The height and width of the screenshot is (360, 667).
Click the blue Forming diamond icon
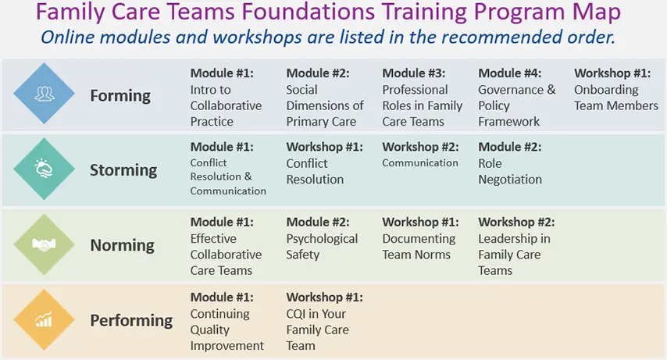(x=45, y=94)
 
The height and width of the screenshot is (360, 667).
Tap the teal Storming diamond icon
(x=45, y=169)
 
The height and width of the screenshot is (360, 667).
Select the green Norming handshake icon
(x=45, y=244)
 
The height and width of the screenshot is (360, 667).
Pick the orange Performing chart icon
(x=45, y=319)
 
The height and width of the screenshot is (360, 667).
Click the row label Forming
(x=120, y=96)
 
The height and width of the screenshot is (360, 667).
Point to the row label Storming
(x=123, y=170)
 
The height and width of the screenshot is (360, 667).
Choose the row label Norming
(x=122, y=245)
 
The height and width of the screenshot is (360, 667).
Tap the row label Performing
(x=131, y=320)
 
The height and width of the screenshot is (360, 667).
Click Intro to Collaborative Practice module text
(x=226, y=105)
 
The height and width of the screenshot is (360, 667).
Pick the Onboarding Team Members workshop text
(x=616, y=98)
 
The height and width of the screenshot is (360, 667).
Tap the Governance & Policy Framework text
(x=517, y=105)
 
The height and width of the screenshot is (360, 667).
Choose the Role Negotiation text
(x=510, y=172)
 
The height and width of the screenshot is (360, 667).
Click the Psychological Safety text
(x=322, y=247)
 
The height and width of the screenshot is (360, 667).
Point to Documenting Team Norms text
(x=419, y=247)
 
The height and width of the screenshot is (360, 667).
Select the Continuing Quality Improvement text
(x=227, y=330)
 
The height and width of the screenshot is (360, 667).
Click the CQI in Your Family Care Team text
(x=317, y=330)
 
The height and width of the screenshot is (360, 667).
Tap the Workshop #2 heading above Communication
(x=420, y=147)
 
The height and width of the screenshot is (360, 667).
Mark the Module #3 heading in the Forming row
(x=413, y=73)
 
